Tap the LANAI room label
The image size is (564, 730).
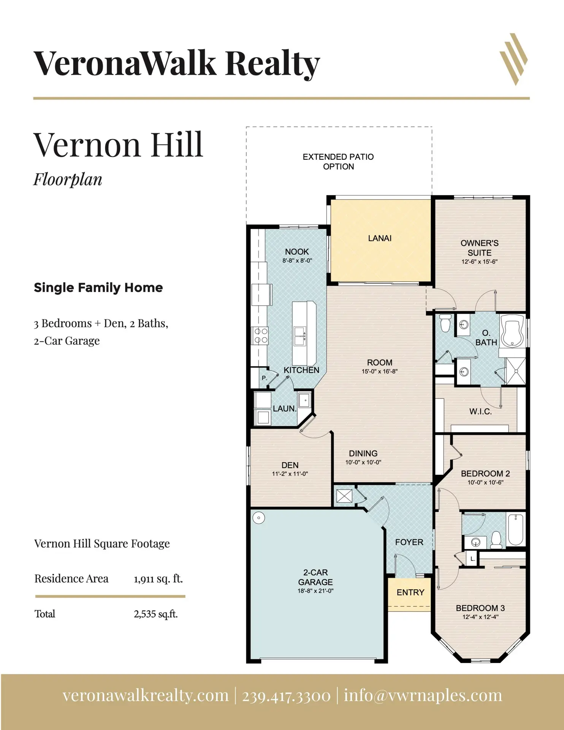[x=380, y=238]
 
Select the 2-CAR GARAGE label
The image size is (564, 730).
[x=315, y=577]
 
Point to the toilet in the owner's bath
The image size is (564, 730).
[x=444, y=323]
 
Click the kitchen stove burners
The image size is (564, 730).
[x=261, y=336]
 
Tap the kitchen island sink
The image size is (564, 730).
[x=304, y=336]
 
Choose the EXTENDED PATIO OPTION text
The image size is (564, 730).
[x=338, y=162]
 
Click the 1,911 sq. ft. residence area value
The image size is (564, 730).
[x=158, y=579]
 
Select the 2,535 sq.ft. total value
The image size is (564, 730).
[x=156, y=614]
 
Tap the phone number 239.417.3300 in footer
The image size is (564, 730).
[x=286, y=695]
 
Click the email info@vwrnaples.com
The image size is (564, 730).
[x=423, y=695]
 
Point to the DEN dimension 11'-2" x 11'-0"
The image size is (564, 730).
[x=290, y=474]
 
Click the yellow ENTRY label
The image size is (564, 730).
[x=410, y=592]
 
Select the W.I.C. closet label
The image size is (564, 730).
[x=480, y=411]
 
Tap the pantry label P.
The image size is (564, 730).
[x=265, y=378]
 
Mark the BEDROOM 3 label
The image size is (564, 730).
[x=480, y=608]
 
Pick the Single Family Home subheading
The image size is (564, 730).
[x=98, y=288]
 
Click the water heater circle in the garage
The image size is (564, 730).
[x=259, y=518]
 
